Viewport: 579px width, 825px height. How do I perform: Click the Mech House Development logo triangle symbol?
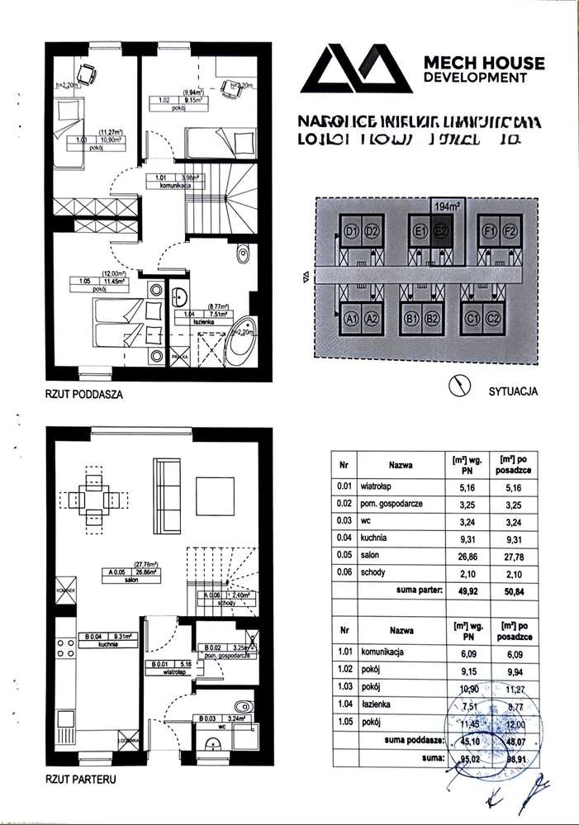(358, 68)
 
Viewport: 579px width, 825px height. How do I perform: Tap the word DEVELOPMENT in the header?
(474, 78)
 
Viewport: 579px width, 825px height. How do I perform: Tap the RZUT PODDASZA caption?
(83, 395)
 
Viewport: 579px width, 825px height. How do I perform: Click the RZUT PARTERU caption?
(80, 778)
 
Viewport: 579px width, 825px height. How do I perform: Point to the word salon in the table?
(370, 557)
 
